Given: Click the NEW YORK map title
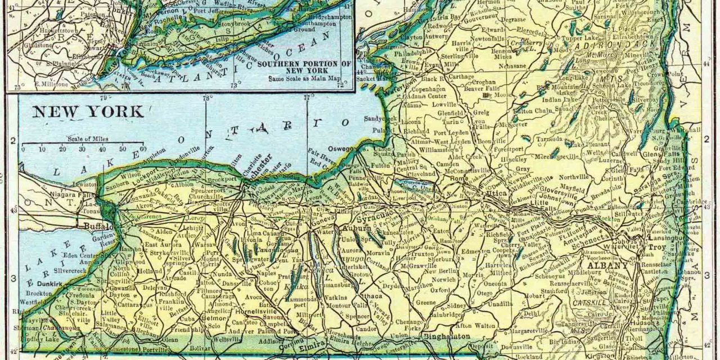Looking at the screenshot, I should click(x=88, y=111).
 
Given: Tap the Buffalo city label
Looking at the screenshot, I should click(x=99, y=227).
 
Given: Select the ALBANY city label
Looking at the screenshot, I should click(x=609, y=265).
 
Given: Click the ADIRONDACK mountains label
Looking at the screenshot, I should click(x=621, y=43).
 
